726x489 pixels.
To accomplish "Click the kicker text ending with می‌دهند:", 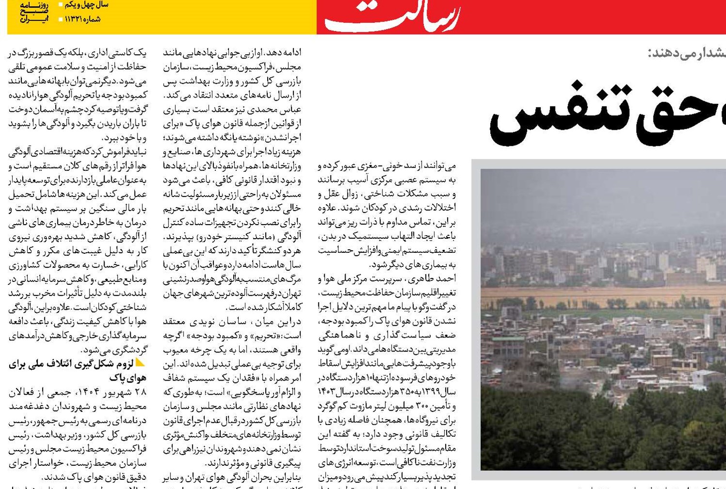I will pos(687,53).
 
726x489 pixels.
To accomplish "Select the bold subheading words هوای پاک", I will pos(128,378).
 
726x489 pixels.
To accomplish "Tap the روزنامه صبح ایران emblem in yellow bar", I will pos(34,12).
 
